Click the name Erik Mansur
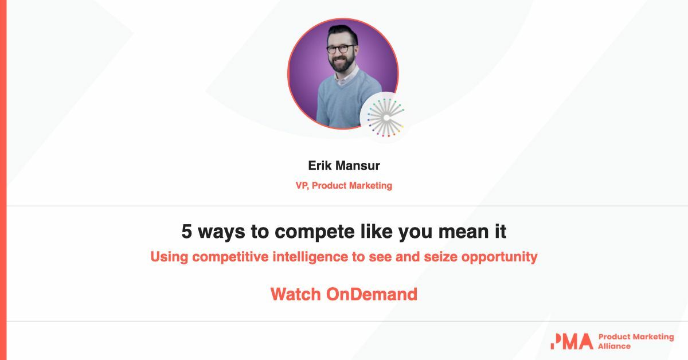[x=344, y=166]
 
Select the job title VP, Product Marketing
[x=344, y=185]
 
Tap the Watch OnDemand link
[x=344, y=294]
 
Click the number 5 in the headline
[x=186, y=232]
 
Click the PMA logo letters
[x=570, y=341]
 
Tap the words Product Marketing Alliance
[x=635, y=341]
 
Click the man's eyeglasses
[x=342, y=49]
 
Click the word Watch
[x=296, y=294]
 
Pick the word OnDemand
[x=372, y=294]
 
